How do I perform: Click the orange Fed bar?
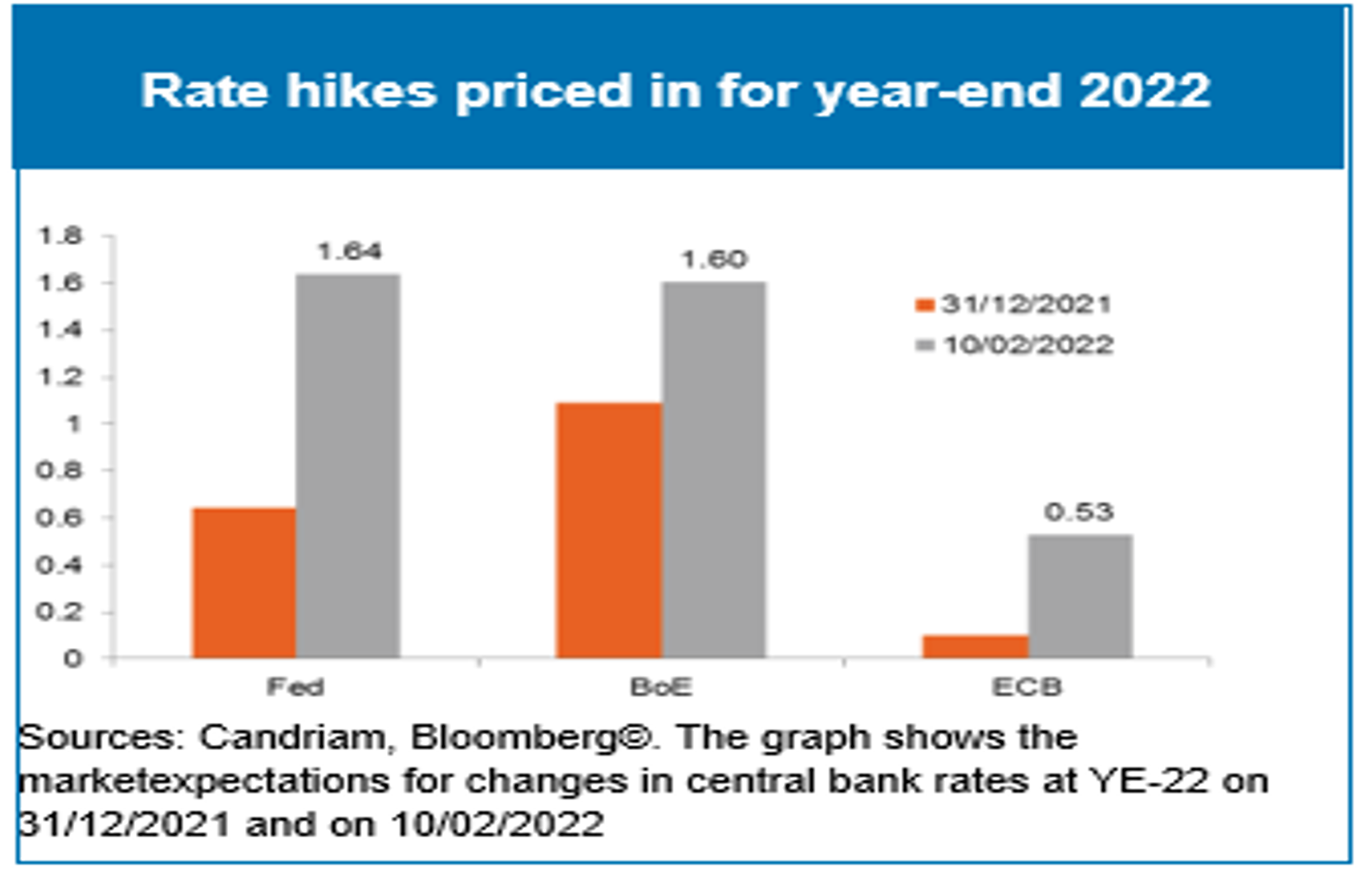pyautogui.click(x=245, y=583)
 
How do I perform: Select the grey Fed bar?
pyautogui.click(x=348, y=466)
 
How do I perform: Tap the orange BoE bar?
pyautogui.click(x=609, y=530)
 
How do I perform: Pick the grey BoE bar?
pyautogui.click(x=714, y=470)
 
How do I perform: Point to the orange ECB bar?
pyautogui.click(x=976, y=646)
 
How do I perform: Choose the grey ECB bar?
pyautogui.click(x=1080, y=596)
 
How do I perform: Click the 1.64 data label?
pyautogui.click(x=350, y=251)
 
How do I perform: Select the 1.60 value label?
pyautogui.click(x=714, y=259)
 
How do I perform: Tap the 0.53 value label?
pyautogui.click(x=1078, y=512)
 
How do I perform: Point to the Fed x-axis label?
pyautogui.click(x=295, y=687)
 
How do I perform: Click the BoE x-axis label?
pyautogui.click(x=661, y=687)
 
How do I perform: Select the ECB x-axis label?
pyautogui.click(x=1027, y=687)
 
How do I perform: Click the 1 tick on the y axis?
pyautogui.click(x=74, y=424)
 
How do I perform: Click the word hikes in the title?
pyautogui.click(x=361, y=90)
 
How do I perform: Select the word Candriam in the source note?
pyautogui.click(x=291, y=737)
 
